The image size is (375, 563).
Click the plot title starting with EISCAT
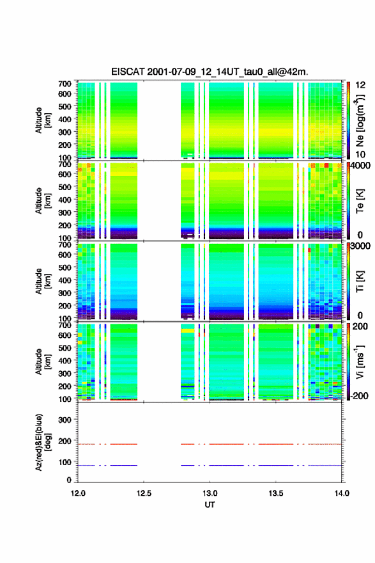pyautogui.click(x=210, y=72)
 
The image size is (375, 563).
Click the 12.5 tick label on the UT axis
pyautogui.click(x=144, y=493)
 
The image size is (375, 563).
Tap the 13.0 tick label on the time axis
pyautogui.click(x=210, y=493)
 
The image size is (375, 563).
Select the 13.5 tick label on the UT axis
pyautogui.click(x=276, y=493)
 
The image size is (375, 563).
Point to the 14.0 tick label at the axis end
pyautogui.click(x=342, y=493)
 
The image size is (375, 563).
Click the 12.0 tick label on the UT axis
pyautogui.click(x=78, y=493)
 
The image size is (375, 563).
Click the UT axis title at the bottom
pyautogui.click(x=210, y=505)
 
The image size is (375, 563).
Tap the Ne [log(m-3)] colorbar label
pyautogui.click(x=360, y=121)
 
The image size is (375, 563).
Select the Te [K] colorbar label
pyautogui.click(x=360, y=201)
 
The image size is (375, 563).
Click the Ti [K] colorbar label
pyautogui.click(x=360, y=281)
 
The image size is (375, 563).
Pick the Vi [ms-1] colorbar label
pyautogui.click(x=360, y=362)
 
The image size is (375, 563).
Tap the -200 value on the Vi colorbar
pyautogui.click(x=360, y=395)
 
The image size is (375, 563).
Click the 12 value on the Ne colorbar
pyautogui.click(x=360, y=85)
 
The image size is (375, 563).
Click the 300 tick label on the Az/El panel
pyautogui.click(x=65, y=420)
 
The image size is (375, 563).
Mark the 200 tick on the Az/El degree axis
pyautogui.click(x=65, y=441)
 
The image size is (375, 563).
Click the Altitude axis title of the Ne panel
pyautogui.click(x=43, y=120)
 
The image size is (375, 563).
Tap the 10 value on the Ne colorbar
pyautogui.click(x=360, y=154)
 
